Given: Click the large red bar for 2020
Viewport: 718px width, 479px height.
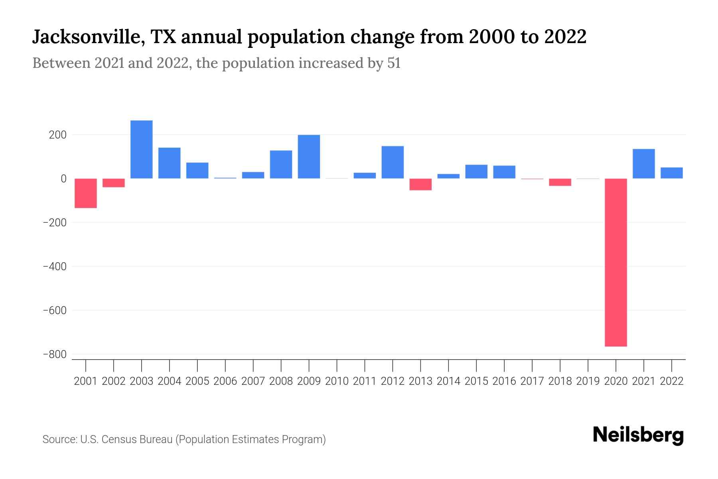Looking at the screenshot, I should point(615,262).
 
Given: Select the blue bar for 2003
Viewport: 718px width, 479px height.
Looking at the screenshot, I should point(142,149).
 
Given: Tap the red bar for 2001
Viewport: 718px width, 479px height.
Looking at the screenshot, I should point(86,193).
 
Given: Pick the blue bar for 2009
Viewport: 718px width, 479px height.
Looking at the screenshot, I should point(309,156).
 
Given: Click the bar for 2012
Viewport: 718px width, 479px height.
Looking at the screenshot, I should point(393,162).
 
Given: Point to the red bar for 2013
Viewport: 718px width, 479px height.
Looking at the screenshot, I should point(420,184).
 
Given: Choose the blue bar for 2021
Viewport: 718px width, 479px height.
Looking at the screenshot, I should point(643,164).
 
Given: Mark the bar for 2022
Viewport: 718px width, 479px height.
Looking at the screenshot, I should point(671,173).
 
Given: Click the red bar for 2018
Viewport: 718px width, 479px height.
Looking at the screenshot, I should point(560,182).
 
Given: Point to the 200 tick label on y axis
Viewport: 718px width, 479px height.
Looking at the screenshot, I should point(57,135).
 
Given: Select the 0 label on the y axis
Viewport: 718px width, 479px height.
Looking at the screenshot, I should point(63,179).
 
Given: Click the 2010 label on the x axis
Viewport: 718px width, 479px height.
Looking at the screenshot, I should point(337,381).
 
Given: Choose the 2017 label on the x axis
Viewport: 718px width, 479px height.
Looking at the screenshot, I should point(532,381).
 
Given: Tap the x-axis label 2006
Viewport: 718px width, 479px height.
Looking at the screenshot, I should point(225,381).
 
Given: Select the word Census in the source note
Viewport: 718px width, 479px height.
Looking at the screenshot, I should point(118,439).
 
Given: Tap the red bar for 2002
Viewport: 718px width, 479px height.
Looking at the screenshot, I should point(114,183).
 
